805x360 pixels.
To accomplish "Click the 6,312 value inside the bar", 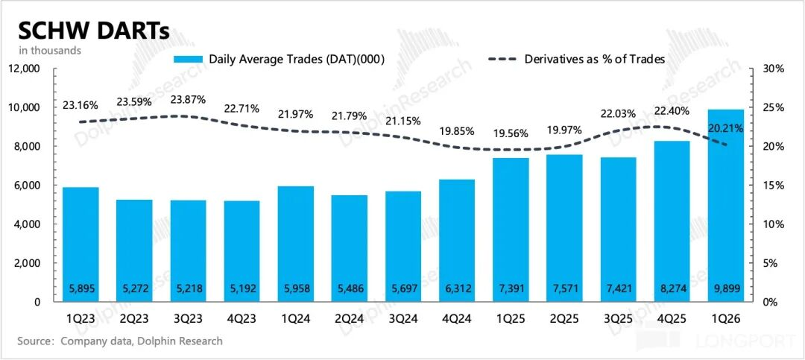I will [x=457, y=288].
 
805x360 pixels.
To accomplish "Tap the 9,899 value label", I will [x=725, y=288].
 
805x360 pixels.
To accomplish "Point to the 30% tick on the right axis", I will [x=773, y=69].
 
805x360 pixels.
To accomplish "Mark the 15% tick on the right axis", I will [x=773, y=186].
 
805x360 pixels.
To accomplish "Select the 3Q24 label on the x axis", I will [x=403, y=318].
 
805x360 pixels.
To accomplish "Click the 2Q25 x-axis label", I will [x=564, y=318].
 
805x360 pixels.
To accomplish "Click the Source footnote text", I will [x=120, y=341].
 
